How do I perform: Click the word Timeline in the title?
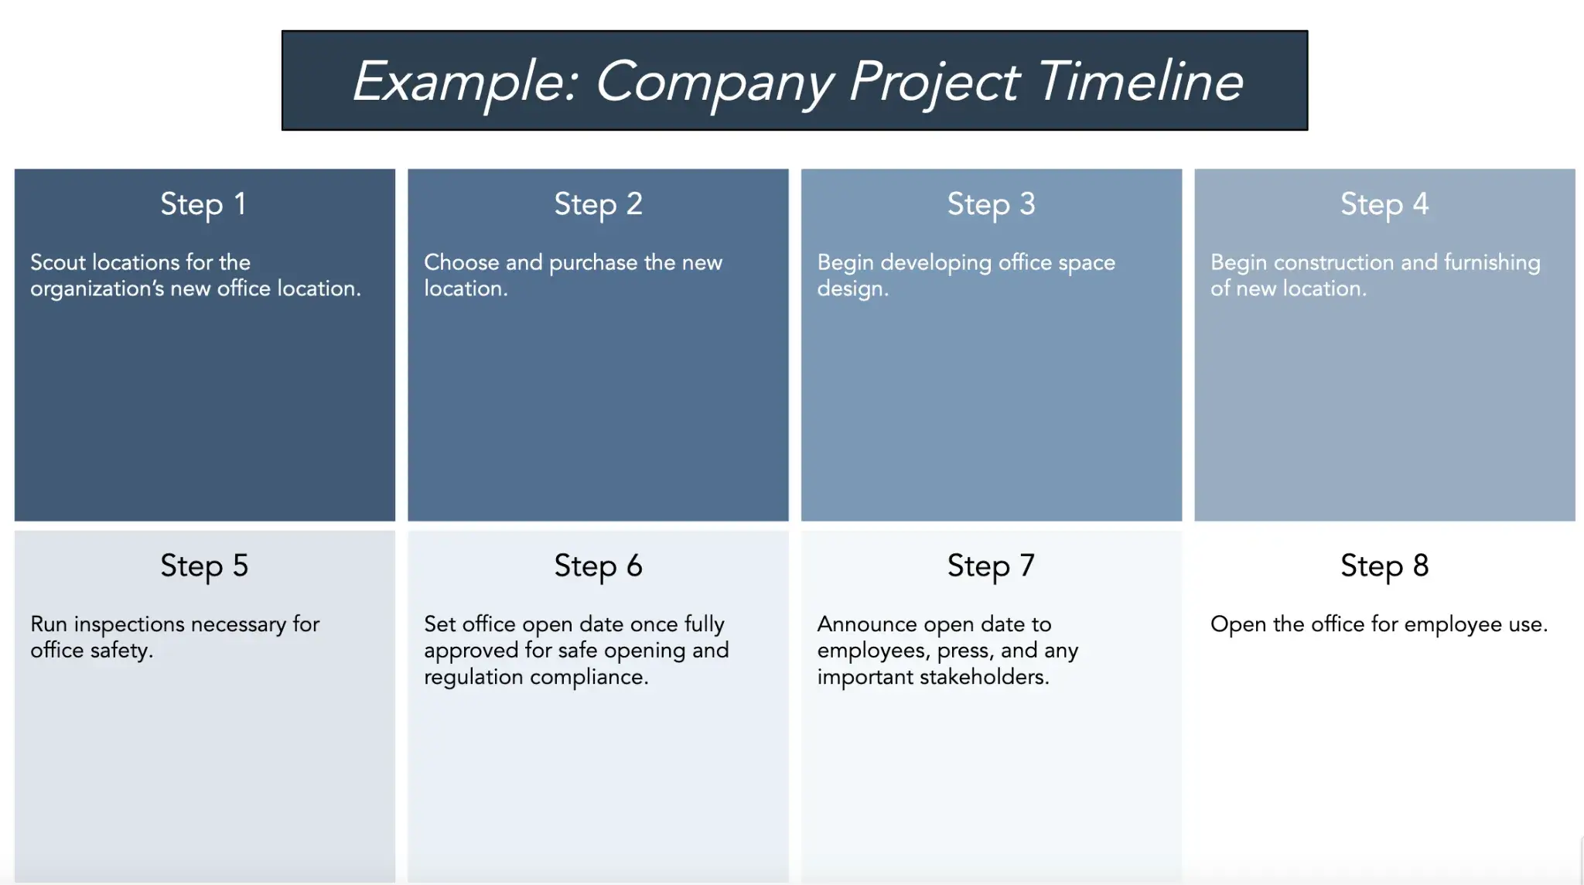tap(1138, 81)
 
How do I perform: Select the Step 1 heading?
tap(203, 204)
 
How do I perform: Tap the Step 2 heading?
tap(598, 204)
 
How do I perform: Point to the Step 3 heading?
tap(991, 204)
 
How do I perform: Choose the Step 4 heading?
tap(1384, 204)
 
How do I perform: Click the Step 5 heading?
tap(204, 566)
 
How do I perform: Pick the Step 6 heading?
tap(598, 566)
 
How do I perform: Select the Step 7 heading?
tap(991, 566)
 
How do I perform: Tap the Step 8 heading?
tap(1384, 566)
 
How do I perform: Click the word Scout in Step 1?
tap(58, 262)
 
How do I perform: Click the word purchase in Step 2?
tap(593, 264)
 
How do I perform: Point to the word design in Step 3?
tap(851, 289)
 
